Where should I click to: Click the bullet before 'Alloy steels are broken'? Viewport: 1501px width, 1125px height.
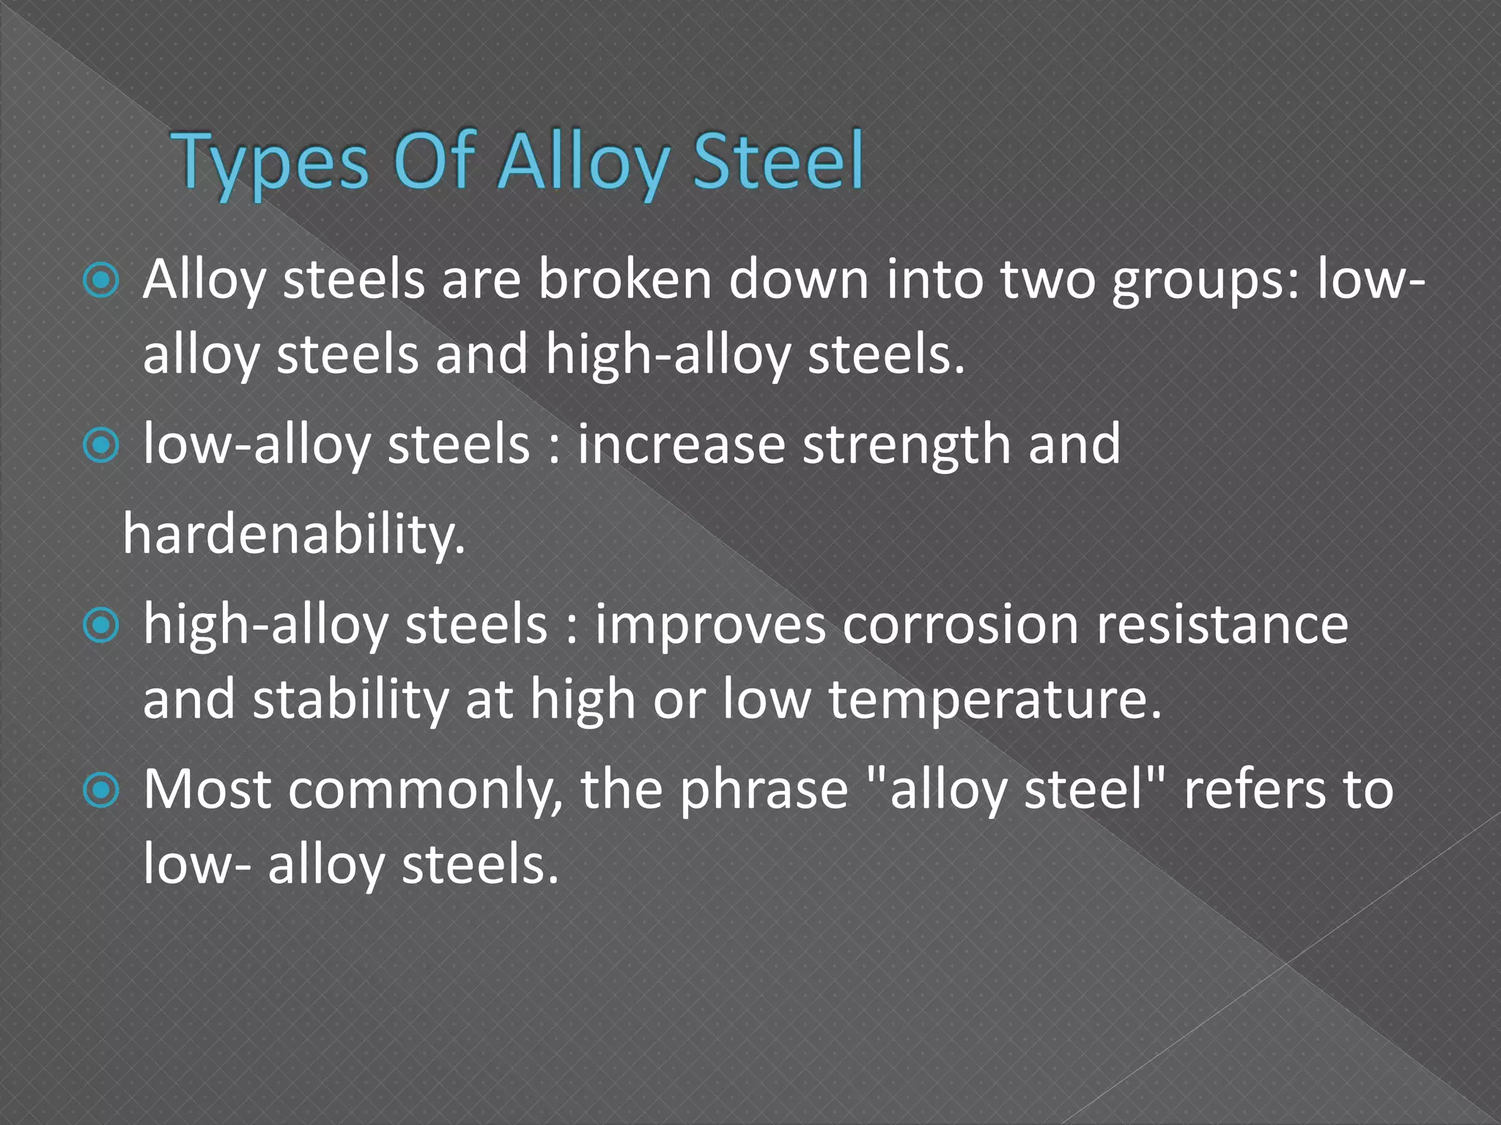pos(101,281)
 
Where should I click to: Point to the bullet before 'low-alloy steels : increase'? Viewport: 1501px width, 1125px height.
pos(101,445)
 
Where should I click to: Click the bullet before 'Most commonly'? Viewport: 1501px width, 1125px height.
pos(101,790)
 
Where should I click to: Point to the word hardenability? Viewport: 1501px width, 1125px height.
pos(293,534)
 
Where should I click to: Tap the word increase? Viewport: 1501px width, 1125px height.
pos(681,445)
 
